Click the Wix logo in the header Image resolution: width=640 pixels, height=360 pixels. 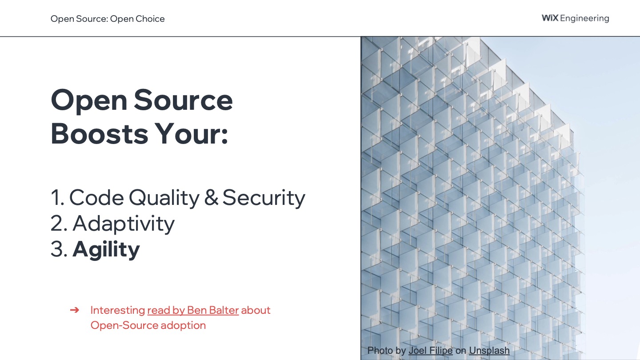tap(550, 18)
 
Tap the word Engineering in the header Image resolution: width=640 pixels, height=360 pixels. tap(584, 19)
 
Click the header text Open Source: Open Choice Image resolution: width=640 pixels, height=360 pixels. tap(108, 19)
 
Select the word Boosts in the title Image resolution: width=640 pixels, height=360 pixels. tap(100, 134)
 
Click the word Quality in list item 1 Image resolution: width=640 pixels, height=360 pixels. tap(164, 198)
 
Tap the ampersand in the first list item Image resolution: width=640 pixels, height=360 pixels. tap(211, 197)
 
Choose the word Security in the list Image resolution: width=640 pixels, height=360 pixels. tap(264, 198)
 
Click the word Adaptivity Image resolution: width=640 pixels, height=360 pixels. tap(124, 224)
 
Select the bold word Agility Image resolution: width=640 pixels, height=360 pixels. tap(106, 249)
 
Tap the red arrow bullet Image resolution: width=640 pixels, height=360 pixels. tap(75, 310)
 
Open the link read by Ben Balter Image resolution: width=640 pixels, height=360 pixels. tap(193, 310)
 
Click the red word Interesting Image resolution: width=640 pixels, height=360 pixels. tap(118, 310)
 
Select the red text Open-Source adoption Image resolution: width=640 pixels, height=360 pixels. tap(148, 325)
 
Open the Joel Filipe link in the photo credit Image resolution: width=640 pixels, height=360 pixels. tap(430, 351)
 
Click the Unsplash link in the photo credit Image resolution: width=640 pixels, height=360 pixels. tap(489, 351)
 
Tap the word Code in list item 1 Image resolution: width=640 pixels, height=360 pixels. tap(96, 197)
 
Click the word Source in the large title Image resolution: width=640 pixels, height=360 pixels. tap(183, 100)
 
